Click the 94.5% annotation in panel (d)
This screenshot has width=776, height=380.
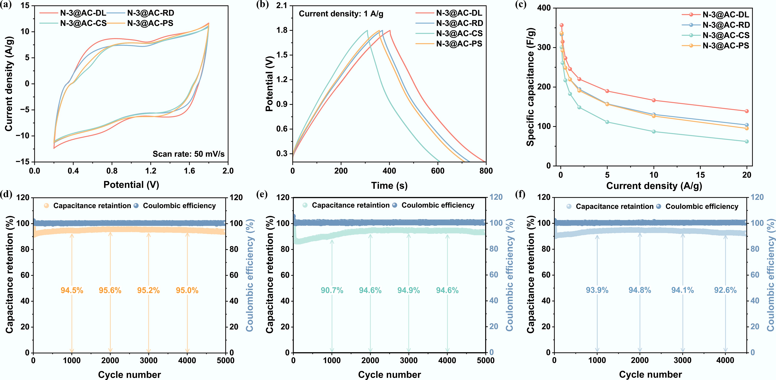72,290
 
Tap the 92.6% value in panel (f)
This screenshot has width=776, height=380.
725,290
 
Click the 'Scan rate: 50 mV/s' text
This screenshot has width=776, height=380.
189,154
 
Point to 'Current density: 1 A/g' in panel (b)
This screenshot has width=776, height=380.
341,14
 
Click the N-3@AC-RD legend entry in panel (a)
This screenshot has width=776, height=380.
150,13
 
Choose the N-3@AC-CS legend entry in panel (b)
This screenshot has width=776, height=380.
459,33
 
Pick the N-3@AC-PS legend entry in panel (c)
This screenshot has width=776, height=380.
726,46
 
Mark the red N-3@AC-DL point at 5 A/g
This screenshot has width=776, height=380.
607,91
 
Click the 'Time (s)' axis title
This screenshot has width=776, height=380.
389,186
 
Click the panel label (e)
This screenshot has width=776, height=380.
262,194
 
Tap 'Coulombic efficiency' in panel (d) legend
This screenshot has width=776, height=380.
179,206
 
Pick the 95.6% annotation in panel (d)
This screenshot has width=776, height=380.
110,290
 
